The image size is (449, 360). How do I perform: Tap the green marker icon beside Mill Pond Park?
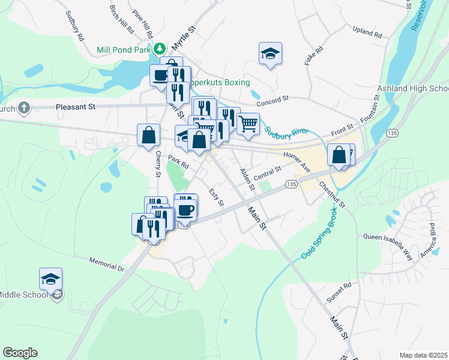coord(160,48)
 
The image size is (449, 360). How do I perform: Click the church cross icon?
coord(23,108)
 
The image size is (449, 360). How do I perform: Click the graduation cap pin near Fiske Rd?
coord(270,54)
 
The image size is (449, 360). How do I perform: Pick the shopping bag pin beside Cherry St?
coord(148,135)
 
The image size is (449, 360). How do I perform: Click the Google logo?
coord(20,353)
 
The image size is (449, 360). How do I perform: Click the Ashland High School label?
coord(413,89)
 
